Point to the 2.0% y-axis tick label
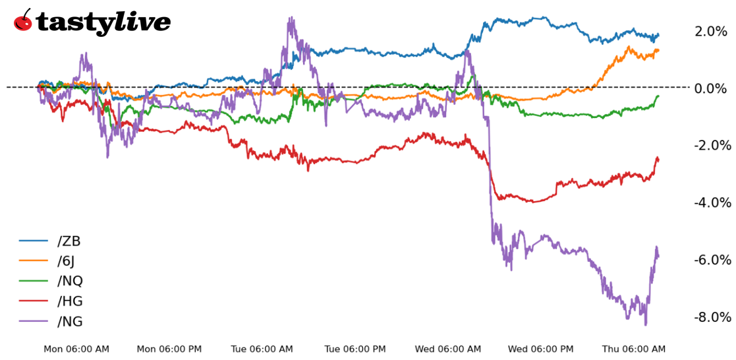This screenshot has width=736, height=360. pos(711,31)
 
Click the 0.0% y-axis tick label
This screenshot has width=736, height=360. pos(711,88)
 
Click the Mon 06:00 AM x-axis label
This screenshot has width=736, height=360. pos(76,349)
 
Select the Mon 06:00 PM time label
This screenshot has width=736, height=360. pos(169,349)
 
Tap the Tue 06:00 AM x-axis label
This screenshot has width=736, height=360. pos(262,349)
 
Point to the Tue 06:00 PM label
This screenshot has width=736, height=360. pos(355,349)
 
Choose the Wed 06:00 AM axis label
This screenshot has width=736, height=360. pos(448,349)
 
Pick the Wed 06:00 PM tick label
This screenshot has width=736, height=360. pos(541,349)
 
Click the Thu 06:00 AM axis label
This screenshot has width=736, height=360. pos(634,349)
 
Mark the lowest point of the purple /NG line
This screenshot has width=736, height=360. pos(646,324)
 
